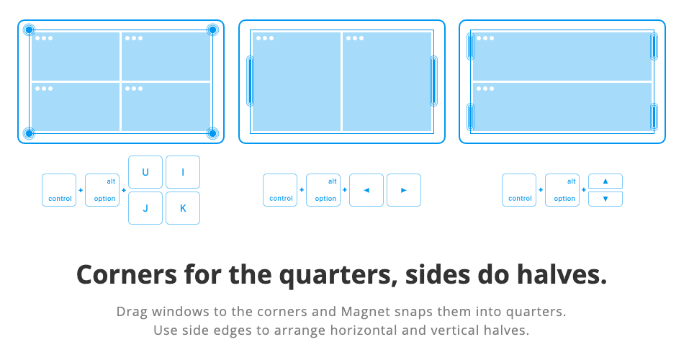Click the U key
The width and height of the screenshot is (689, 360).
tap(145, 172)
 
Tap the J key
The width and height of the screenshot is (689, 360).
tap(145, 208)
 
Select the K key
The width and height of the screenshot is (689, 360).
tap(183, 208)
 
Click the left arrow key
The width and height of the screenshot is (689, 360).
tap(366, 190)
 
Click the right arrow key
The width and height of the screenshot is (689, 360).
tap(404, 190)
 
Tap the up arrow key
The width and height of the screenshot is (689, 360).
tap(605, 181)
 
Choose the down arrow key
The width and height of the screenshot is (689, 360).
tap(605, 199)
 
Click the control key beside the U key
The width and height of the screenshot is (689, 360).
tap(59, 190)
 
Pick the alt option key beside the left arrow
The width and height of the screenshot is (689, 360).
tap(323, 190)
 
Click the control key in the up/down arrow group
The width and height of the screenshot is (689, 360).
tap(519, 190)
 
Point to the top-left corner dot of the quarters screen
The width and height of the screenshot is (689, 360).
tap(29, 30)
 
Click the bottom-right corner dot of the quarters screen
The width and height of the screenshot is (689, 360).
tap(212, 133)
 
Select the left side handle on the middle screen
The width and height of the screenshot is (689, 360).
tap(251, 81)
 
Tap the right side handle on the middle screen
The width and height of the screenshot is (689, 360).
tap(433, 81)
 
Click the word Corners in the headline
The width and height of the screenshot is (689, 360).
tap(127, 275)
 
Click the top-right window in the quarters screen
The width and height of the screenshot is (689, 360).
tap(166, 56)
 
